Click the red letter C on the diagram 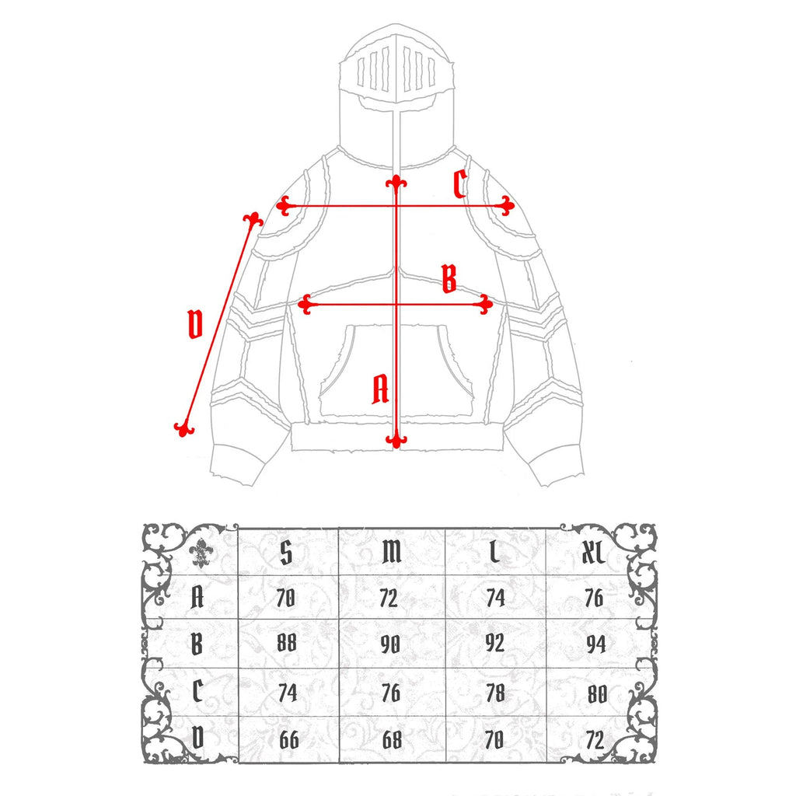(460, 183)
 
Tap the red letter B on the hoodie (449, 279)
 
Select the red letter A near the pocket (380, 389)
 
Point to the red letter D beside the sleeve (195, 324)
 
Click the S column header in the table (286, 552)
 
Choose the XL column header (593, 552)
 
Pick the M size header (392, 552)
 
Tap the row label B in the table (197, 644)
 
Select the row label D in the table (197, 738)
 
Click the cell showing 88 (287, 643)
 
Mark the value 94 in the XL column (596, 644)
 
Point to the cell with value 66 (289, 740)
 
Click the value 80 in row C (597, 694)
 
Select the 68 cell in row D (392, 740)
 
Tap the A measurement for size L (495, 598)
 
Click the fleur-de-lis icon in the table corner (201, 553)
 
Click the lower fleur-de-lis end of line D (183, 429)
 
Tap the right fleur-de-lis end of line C (506, 205)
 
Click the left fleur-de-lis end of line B (305, 305)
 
